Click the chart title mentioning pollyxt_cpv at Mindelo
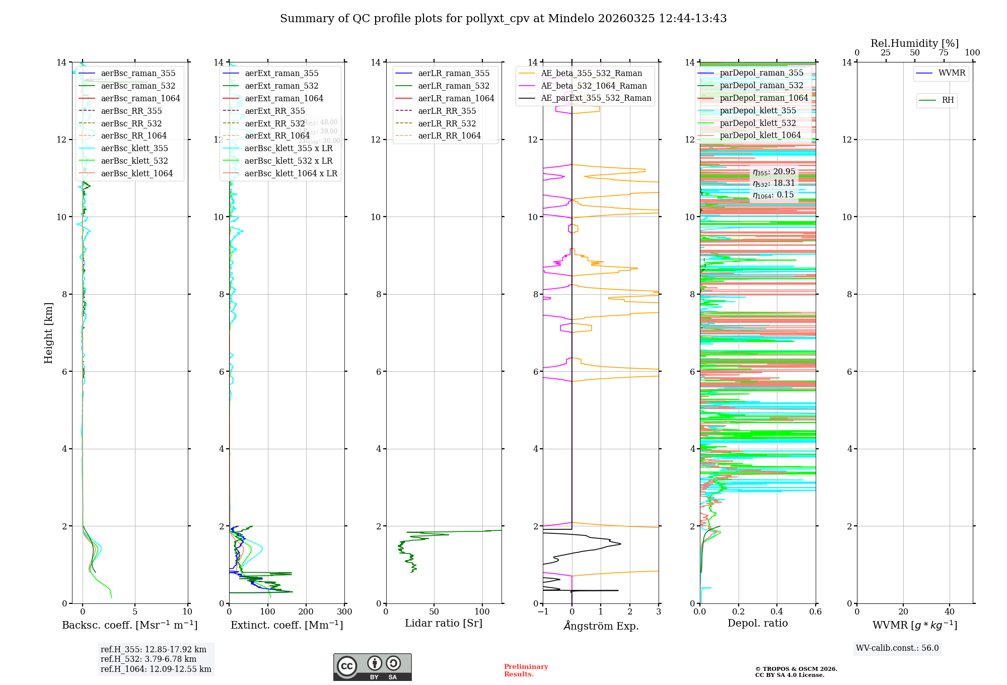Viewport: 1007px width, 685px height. point(503,19)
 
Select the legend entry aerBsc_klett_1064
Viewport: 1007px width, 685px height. point(136,173)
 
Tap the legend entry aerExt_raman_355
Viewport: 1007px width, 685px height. point(281,74)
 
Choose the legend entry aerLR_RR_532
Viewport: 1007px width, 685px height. point(447,123)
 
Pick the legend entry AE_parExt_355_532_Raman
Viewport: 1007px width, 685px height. point(596,98)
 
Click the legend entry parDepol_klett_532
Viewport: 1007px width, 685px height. point(758,123)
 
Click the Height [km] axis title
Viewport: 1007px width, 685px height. point(48,333)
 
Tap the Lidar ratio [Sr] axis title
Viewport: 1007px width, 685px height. point(444,624)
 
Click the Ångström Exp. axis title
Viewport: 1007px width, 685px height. point(601,626)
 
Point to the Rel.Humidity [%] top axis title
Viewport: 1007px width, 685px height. point(914,43)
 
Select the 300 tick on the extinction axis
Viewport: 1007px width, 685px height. point(344,612)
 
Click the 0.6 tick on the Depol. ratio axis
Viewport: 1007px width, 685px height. point(815,612)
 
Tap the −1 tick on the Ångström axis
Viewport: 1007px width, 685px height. point(542,612)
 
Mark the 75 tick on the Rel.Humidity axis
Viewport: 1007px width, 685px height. point(943,53)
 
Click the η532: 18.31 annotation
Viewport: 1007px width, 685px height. point(774,183)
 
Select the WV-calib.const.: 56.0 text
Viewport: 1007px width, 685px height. point(897,648)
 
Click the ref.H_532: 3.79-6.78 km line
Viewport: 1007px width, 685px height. point(149,659)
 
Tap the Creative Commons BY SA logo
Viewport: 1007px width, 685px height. point(372,667)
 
